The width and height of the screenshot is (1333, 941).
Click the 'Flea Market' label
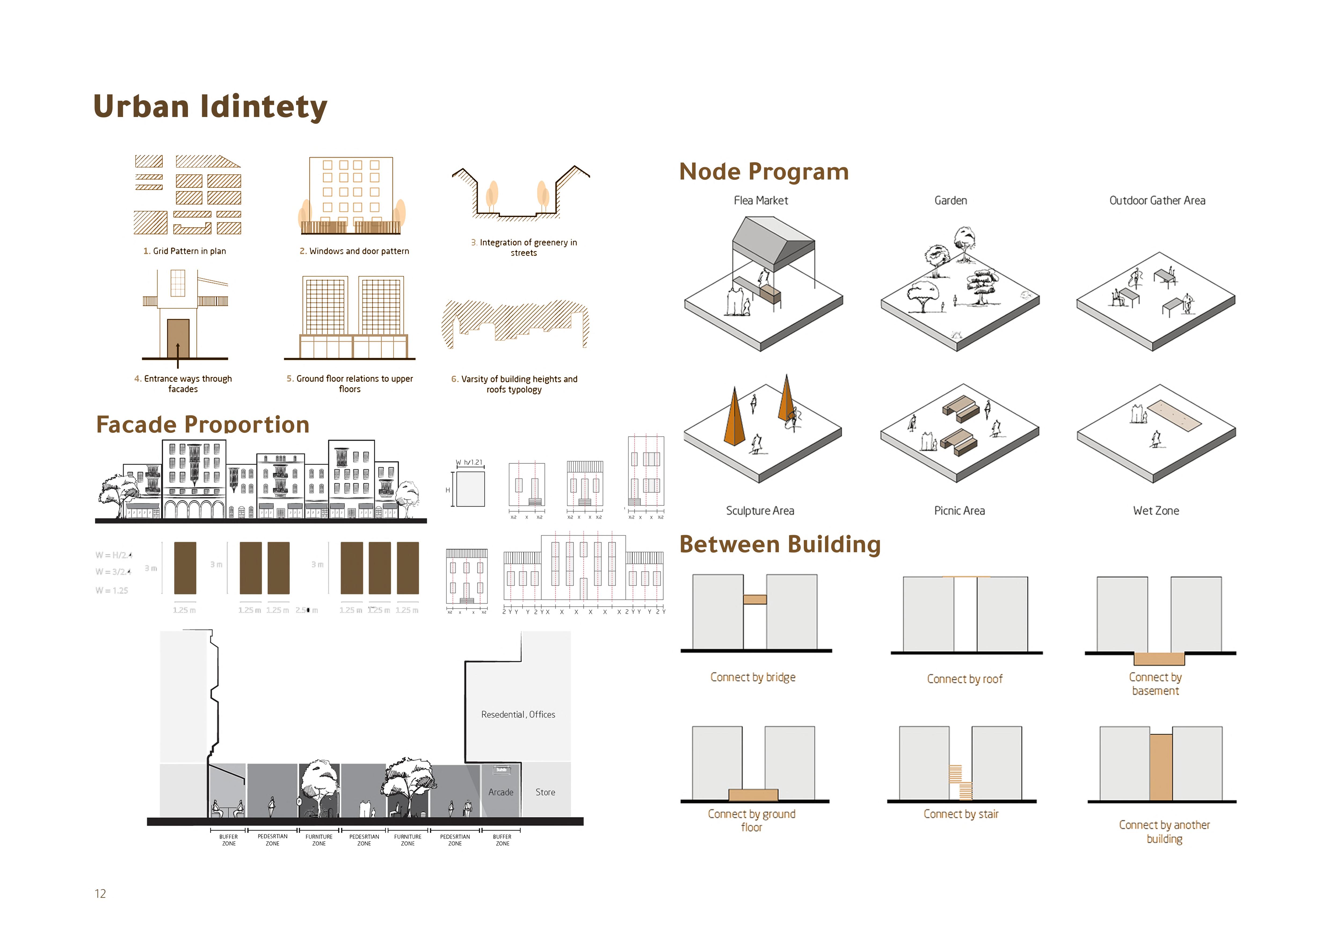(761, 201)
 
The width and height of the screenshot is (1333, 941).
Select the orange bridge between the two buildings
(755, 599)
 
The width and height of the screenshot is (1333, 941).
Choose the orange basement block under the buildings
(1159, 658)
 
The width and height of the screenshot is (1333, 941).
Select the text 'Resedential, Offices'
(518, 715)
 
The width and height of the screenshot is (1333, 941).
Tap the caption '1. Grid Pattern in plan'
(185, 251)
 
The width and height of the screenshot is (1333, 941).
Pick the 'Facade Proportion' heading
(203, 425)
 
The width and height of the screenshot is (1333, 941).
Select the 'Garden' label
(950, 201)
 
